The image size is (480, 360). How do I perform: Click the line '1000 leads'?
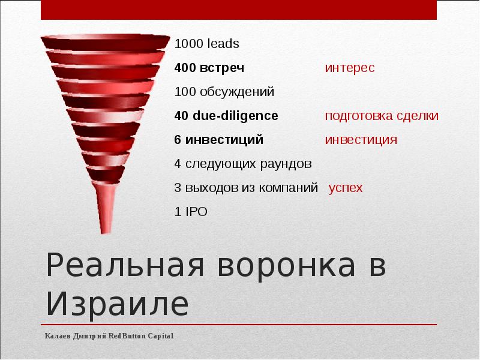206,44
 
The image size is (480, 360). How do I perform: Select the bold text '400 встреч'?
209,68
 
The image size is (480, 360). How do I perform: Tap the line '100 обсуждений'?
224,92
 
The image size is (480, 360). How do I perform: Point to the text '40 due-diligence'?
226,116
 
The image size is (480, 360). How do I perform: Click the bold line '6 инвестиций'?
218,140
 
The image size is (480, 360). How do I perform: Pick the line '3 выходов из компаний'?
246,188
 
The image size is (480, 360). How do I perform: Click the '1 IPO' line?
191,212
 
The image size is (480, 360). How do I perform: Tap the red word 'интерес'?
350,68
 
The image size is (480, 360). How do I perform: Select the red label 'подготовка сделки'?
382,116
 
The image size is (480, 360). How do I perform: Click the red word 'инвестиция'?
361,140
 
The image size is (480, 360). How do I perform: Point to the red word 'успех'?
346,188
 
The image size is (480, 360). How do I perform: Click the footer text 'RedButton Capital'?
141,336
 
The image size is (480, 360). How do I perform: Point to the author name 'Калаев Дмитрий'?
76,336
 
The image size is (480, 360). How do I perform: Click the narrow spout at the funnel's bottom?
107,210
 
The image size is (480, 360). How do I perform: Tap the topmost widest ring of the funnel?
106,43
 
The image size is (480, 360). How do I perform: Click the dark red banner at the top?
239,10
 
